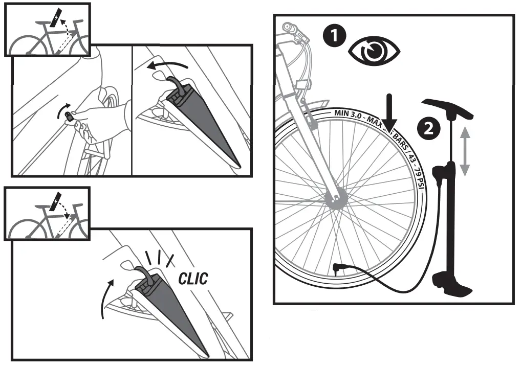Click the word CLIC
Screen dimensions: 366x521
pyautogui.click(x=193, y=279)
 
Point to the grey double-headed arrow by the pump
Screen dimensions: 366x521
pyautogui.click(x=464, y=152)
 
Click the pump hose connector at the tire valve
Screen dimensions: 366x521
pyautogui.click(x=338, y=268)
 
